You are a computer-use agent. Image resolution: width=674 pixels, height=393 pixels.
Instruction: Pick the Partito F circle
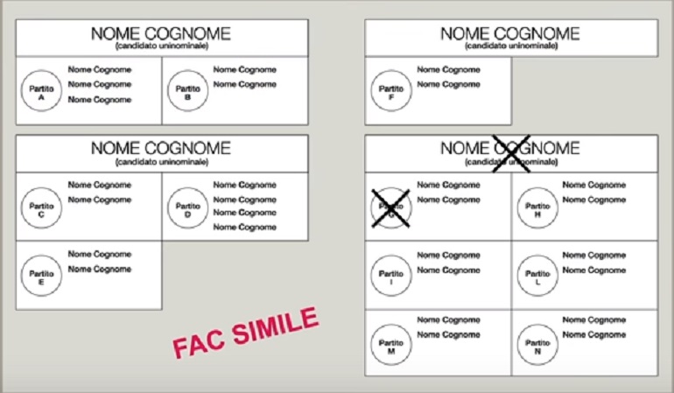[x=390, y=92]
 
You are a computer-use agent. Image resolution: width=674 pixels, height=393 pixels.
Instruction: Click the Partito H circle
[x=536, y=209]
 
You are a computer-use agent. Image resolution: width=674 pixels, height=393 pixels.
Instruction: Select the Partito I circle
[x=390, y=277]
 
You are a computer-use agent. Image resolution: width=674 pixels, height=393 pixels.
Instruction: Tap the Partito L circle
[x=536, y=277]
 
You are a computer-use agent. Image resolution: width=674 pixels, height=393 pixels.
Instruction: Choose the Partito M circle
[x=390, y=344]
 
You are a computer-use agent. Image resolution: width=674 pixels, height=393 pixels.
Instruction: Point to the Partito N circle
[x=536, y=344]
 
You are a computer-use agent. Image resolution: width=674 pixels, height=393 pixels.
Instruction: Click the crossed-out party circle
[x=390, y=209]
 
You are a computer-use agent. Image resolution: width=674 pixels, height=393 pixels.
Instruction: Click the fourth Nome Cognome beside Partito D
[x=245, y=228]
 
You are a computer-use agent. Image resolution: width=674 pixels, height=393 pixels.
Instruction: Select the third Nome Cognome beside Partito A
[x=100, y=100]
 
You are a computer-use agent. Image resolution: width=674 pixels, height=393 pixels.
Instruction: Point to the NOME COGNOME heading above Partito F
[x=509, y=33]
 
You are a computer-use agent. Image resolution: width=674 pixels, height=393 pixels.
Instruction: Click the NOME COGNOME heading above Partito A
[x=161, y=33]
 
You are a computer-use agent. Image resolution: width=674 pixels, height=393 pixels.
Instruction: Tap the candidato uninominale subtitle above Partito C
[x=161, y=162]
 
